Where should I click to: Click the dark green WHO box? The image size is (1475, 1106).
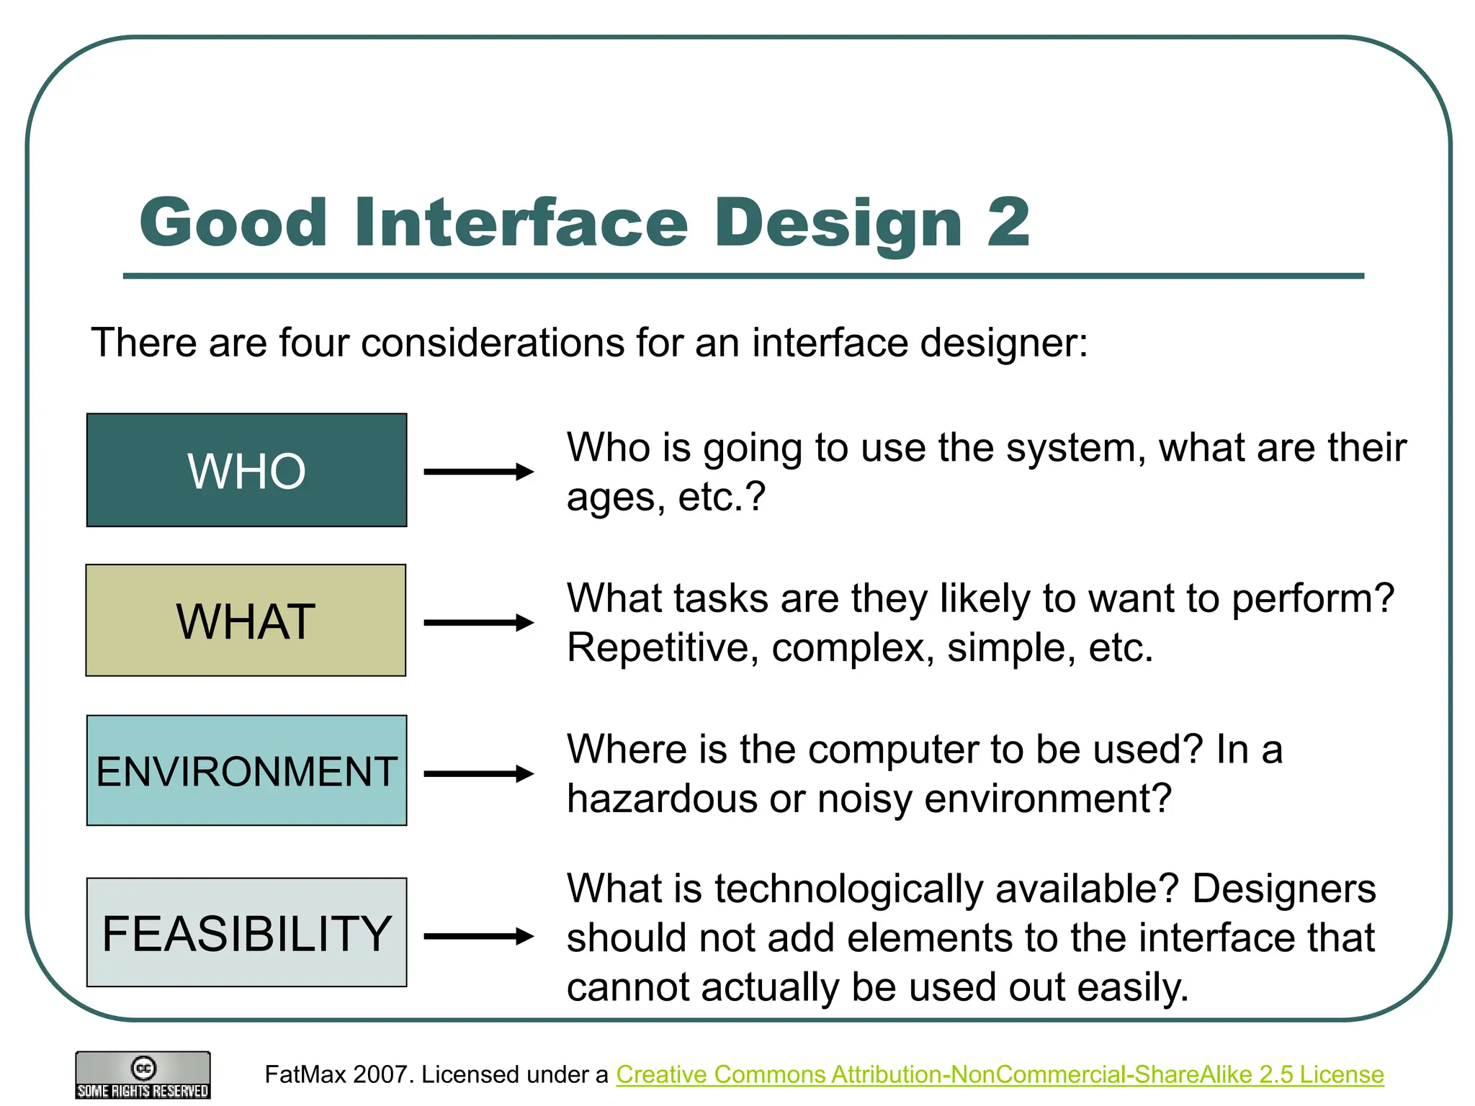point(246,470)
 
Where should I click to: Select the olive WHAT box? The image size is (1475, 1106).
point(246,620)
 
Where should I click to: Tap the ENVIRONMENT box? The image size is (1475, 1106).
point(246,770)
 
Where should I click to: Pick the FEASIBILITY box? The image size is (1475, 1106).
point(246,932)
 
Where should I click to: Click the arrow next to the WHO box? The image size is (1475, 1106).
point(478,472)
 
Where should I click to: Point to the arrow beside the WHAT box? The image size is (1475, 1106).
point(478,623)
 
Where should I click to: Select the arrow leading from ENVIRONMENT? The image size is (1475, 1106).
point(478,774)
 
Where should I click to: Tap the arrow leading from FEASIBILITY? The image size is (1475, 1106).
point(478,936)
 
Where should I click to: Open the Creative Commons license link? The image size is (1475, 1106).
point(1000,1074)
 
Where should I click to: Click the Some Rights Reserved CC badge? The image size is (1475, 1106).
point(143,1075)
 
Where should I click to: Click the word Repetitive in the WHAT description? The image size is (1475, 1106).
point(663,647)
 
